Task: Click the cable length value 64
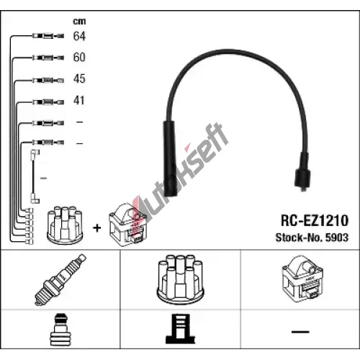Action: [x=79, y=36]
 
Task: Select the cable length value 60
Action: [x=79, y=57]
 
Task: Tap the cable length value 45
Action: [x=79, y=78]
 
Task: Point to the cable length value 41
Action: [x=79, y=100]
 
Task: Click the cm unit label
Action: [x=79, y=22]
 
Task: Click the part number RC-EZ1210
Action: [x=315, y=220]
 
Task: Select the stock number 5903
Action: [x=337, y=238]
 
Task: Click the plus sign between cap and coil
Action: [x=97, y=228]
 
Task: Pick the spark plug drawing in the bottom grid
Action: [x=60, y=280]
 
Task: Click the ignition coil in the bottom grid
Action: [x=303, y=278]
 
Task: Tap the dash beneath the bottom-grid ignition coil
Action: [x=300, y=332]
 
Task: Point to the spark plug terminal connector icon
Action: [x=60, y=330]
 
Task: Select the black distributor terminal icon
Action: [x=180, y=329]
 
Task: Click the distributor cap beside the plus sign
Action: [x=65, y=225]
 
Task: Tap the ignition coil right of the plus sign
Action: [x=127, y=225]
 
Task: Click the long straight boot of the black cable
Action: [x=171, y=158]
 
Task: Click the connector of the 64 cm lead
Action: [x=48, y=36]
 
